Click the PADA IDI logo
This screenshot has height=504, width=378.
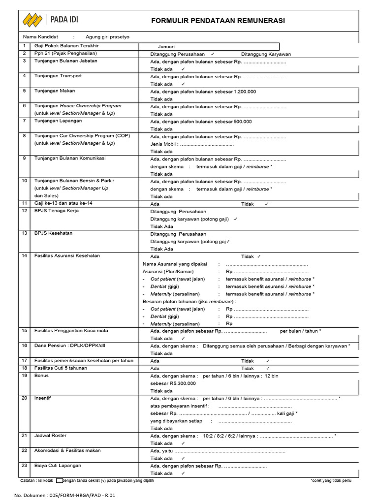50,20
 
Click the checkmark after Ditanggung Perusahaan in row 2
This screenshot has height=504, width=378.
212,54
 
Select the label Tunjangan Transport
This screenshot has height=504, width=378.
58,76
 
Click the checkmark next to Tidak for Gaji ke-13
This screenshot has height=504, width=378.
266,204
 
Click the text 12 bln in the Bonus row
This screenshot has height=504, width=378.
272,376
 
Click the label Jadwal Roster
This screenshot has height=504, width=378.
50,436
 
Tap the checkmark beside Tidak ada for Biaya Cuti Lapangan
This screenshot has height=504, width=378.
183,473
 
